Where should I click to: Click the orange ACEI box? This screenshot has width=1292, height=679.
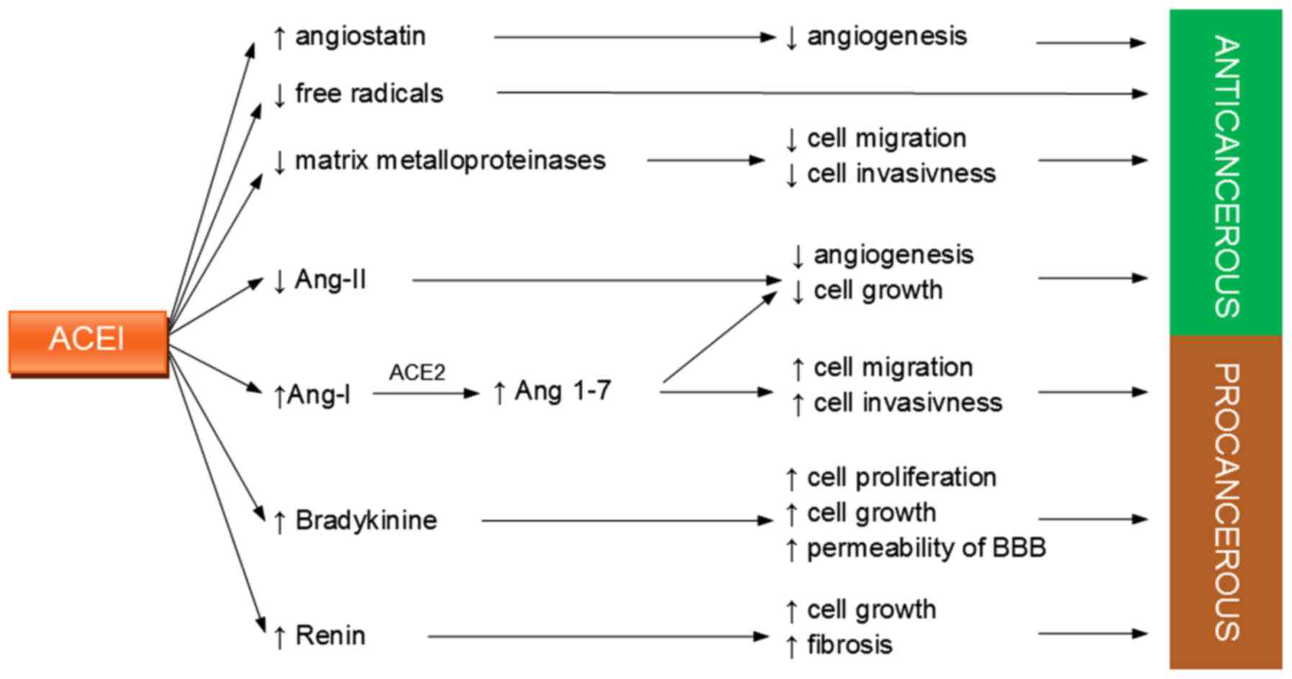tap(88, 342)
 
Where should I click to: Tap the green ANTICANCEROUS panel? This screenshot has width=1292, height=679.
tap(1225, 173)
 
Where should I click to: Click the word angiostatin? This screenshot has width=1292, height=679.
tap(360, 36)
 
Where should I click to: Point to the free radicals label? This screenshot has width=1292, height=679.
tap(369, 94)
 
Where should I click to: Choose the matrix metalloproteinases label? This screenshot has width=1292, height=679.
tap(450, 160)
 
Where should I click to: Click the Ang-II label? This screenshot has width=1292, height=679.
tap(330, 279)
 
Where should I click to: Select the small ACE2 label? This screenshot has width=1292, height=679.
tap(417, 372)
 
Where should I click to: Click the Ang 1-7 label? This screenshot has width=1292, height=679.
tap(562, 391)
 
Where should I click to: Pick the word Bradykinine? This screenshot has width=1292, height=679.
tap(366, 520)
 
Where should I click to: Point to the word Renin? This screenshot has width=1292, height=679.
tap(330, 636)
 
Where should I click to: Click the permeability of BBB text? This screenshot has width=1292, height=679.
tap(926, 548)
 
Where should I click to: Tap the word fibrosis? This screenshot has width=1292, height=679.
tap(849, 644)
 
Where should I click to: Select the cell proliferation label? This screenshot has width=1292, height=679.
tap(901, 477)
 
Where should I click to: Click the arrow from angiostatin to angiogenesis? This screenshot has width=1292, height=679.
tap(633, 37)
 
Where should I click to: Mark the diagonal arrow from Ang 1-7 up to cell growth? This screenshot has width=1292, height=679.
tap(720, 337)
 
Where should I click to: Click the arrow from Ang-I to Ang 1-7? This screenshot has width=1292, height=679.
tap(425, 393)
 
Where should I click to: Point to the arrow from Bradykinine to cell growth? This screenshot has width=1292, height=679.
tap(626, 520)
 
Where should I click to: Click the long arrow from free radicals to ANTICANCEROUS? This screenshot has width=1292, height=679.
tap(821, 93)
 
